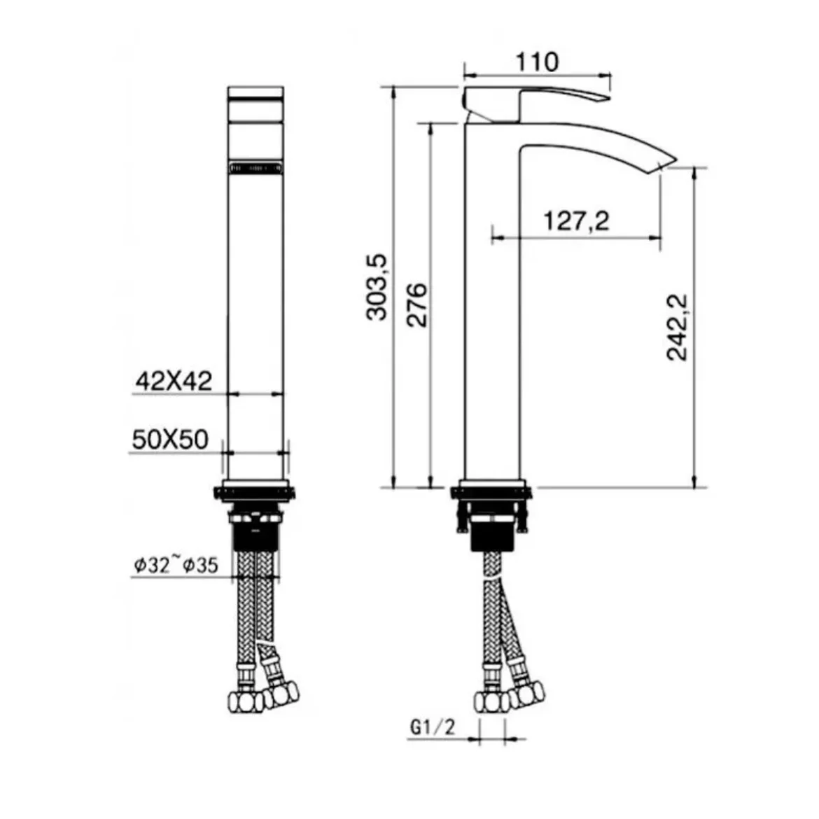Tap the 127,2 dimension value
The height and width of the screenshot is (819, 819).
[x=576, y=221]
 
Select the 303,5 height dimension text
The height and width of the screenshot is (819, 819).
[x=377, y=287]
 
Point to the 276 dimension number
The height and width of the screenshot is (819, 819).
[x=416, y=305]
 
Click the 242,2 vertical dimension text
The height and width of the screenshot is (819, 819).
[x=678, y=328]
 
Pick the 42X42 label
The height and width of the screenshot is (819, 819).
[x=174, y=381]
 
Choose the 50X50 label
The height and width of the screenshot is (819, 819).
[x=170, y=440]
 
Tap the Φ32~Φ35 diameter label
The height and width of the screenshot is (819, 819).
[x=176, y=565]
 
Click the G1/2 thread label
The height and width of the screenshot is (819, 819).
[x=433, y=727]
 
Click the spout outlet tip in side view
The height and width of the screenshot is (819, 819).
[x=668, y=163]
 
